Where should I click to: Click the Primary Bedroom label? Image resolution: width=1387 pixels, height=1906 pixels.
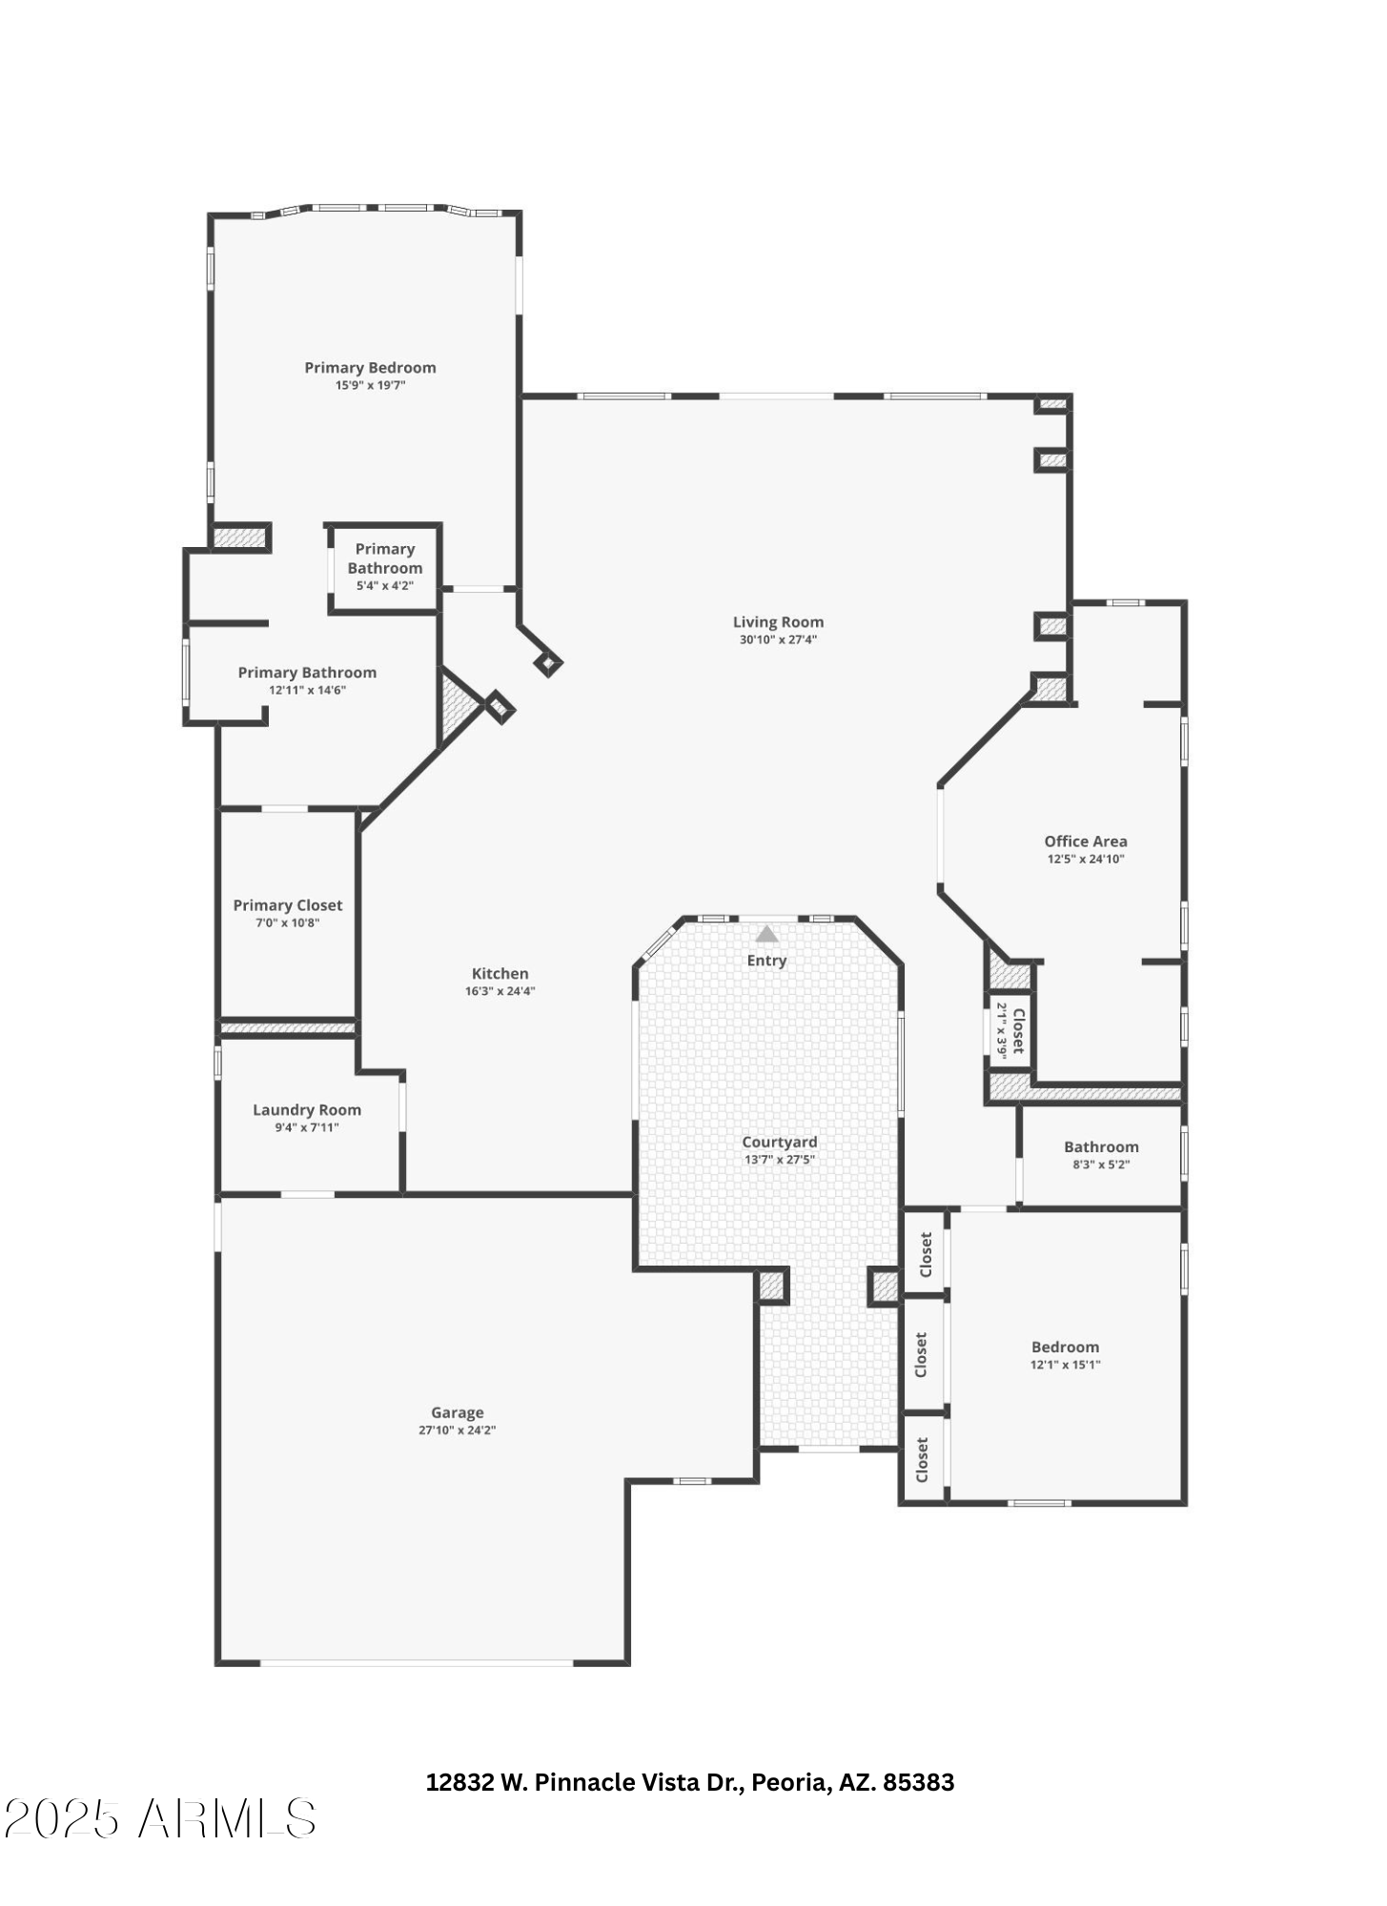[x=370, y=368]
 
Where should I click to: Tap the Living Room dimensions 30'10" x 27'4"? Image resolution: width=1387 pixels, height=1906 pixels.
[x=778, y=639]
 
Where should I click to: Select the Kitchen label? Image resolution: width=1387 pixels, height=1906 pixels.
[x=500, y=973]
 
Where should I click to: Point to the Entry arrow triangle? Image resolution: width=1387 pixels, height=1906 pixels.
[x=766, y=935]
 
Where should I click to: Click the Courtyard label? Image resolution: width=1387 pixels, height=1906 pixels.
[x=779, y=1142]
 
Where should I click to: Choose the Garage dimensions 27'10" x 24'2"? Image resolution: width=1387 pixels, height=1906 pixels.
[x=457, y=1430]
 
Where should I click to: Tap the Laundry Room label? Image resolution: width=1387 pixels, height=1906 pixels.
[x=306, y=1109]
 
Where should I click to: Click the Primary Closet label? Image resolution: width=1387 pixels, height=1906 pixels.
[x=287, y=905]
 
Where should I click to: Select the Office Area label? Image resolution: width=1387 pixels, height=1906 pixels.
[x=1085, y=841]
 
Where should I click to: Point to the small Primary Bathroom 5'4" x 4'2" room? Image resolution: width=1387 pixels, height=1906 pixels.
[x=384, y=567]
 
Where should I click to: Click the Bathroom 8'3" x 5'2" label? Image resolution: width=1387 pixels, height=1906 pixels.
[x=1101, y=1147]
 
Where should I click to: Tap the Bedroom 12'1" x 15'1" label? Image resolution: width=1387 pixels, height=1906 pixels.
[x=1065, y=1347]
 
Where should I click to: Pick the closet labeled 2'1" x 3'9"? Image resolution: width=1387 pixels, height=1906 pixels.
[x=1010, y=1029]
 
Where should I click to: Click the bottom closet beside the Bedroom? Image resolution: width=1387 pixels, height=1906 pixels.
[x=922, y=1460]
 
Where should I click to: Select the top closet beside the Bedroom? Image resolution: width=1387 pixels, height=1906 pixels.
[x=925, y=1254]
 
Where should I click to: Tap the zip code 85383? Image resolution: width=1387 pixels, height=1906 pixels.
[x=918, y=1782]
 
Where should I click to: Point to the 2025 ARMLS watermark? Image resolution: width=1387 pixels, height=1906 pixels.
[x=159, y=1818]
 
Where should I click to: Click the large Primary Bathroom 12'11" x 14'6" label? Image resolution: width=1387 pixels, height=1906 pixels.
[x=307, y=673]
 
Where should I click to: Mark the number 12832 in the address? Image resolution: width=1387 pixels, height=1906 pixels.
[x=459, y=1782]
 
